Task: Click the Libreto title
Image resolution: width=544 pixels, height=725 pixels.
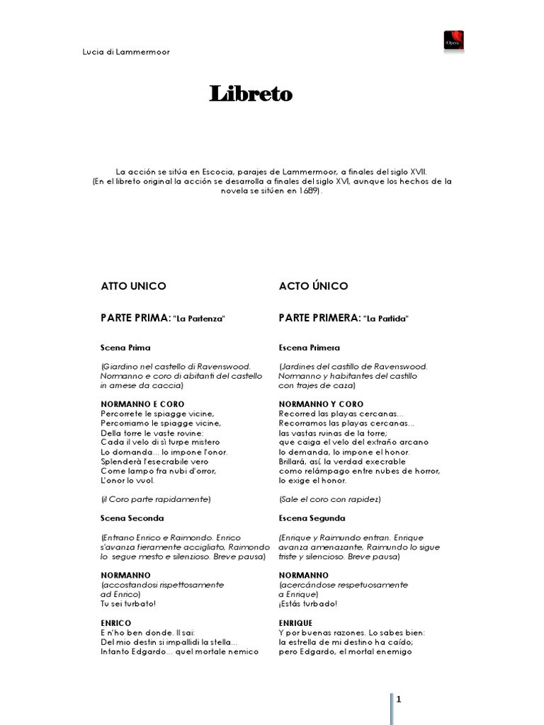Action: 251,94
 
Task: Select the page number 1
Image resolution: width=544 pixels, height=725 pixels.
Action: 399,700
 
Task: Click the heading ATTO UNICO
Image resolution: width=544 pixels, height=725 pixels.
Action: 134,286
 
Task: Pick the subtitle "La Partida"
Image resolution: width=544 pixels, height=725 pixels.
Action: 386,319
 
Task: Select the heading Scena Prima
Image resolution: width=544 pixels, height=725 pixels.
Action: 125,348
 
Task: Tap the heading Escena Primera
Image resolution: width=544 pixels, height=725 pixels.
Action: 310,348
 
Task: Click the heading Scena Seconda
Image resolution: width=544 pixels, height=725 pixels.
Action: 132,518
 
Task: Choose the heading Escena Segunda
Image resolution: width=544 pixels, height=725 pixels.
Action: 312,518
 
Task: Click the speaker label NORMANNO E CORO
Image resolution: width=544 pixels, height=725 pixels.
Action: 143,404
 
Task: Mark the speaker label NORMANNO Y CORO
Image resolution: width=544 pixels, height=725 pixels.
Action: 322,404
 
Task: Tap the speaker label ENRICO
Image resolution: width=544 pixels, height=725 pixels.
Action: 116,622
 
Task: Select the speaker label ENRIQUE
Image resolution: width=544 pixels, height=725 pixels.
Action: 296,622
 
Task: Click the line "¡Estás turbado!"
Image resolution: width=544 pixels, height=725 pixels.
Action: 308,603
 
